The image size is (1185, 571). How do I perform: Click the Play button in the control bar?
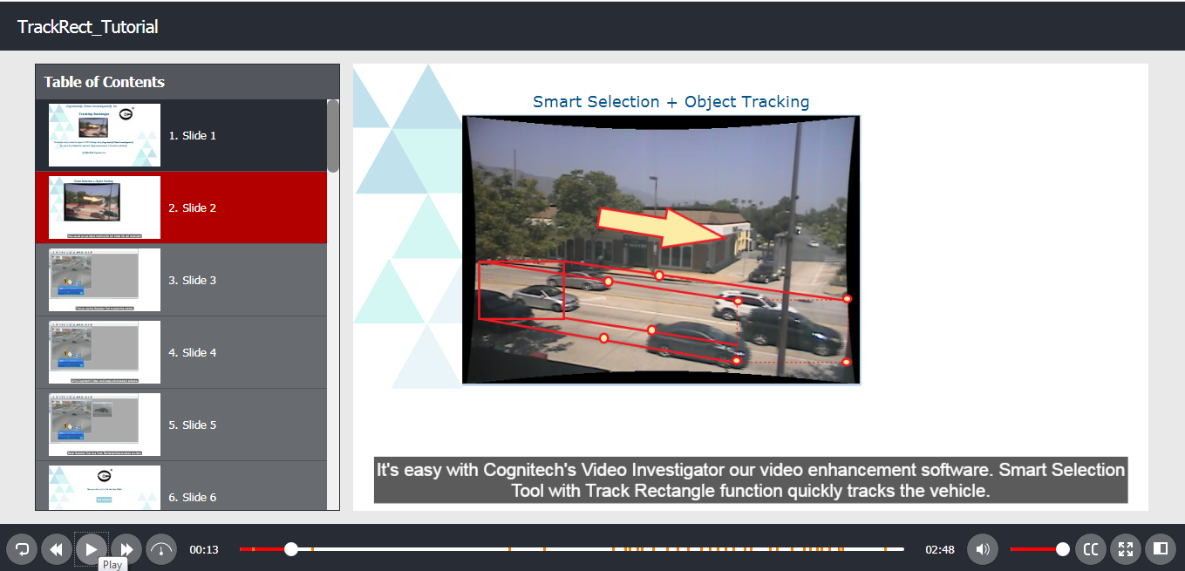click(91, 549)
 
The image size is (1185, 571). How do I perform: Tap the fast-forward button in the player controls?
click(126, 549)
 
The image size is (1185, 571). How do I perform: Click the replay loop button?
click(22, 549)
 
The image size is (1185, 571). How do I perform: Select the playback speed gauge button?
click(161, 549)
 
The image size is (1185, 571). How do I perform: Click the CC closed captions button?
click(1090, 549)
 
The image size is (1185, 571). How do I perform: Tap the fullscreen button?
click(1126, 549)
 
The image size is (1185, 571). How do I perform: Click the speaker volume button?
click(983, 549)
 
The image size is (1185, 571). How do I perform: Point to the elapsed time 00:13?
click(203, 550)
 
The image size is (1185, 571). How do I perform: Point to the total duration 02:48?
click(940, 550)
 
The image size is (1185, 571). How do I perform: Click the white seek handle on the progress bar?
click(291, 549)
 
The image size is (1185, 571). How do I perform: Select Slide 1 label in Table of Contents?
click(193, 135)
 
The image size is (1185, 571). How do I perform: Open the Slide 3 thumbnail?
click(105, 280)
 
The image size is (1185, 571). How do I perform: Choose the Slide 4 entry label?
click(193, 352)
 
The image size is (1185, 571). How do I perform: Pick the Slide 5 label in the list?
click(193, 425)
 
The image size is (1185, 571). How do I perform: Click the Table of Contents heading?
click(105, 82)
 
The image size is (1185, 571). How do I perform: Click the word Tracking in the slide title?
click(778, 102)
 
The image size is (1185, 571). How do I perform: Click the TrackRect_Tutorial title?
click(88, 27)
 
